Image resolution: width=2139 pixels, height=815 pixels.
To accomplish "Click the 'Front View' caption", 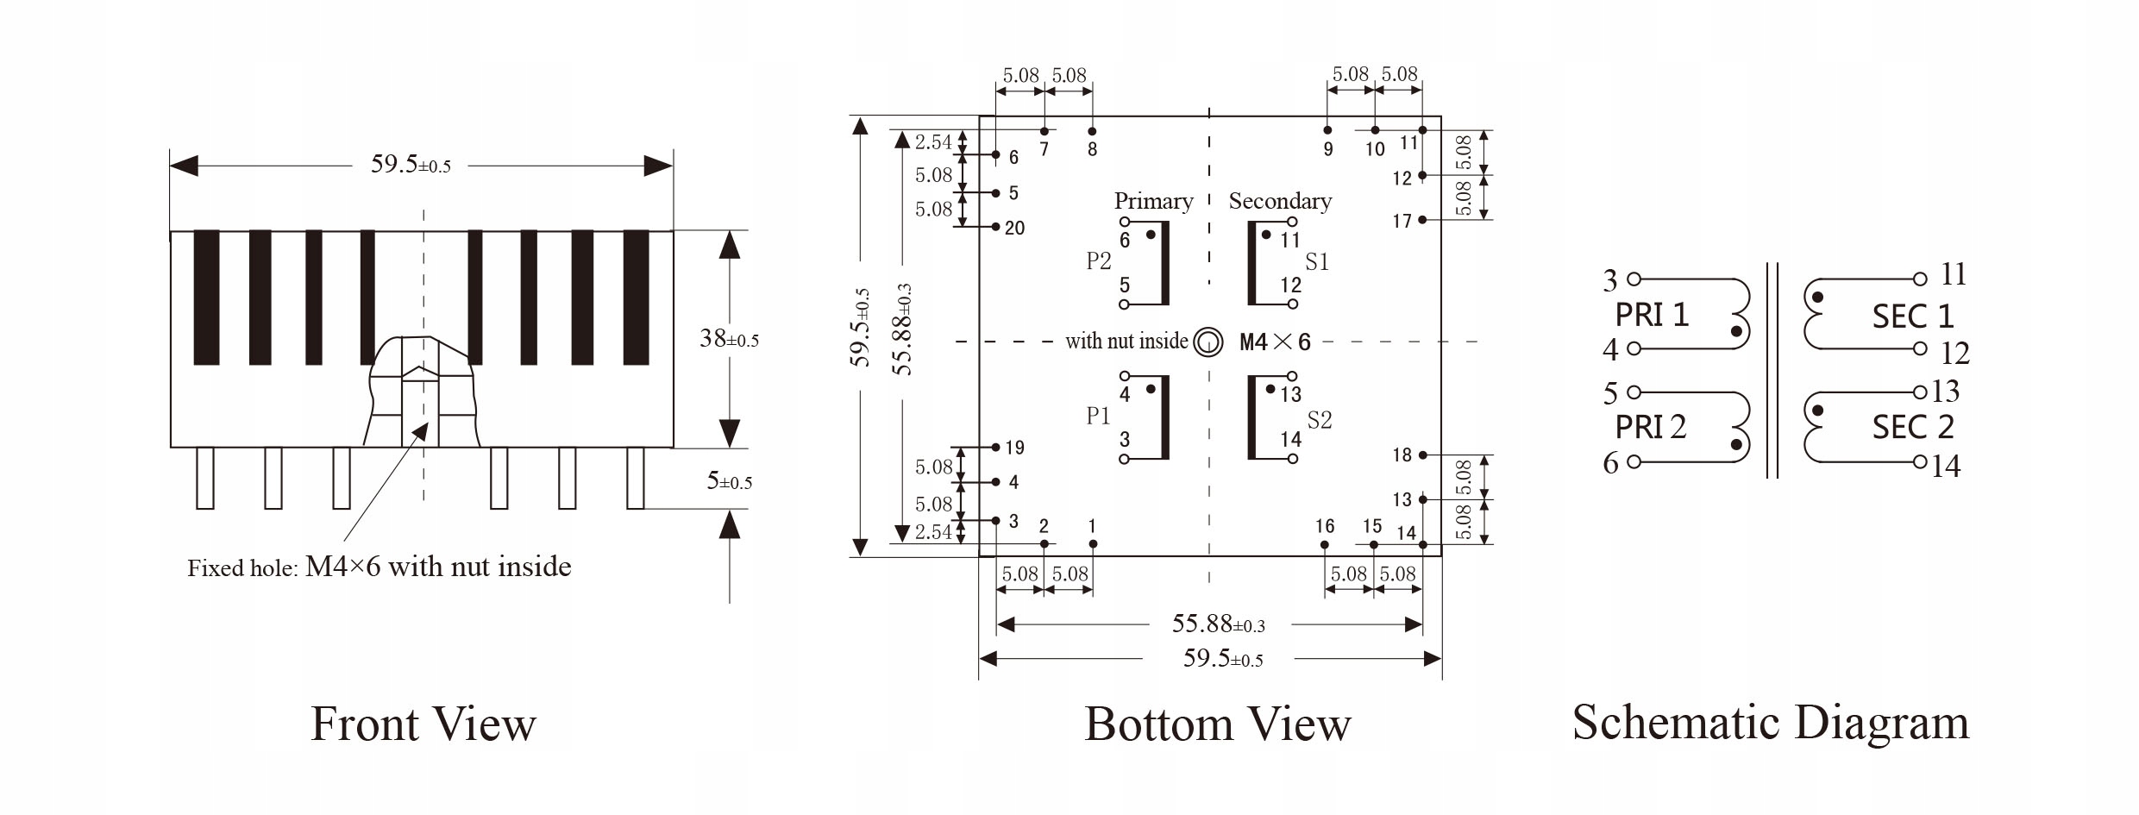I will tap(423, 724).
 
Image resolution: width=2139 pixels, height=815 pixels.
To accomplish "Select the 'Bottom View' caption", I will tap(1217, 724).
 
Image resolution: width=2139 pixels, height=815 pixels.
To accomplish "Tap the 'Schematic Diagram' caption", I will tap(1770, 722).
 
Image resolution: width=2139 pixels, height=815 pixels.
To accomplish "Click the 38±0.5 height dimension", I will tap(729, 339).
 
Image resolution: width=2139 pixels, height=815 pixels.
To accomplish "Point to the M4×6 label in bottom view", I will tap(1274, 342).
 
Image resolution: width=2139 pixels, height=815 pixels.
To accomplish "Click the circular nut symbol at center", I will tap(1208, 342).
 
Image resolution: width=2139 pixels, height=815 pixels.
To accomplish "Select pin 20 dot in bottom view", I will tap(995, 227).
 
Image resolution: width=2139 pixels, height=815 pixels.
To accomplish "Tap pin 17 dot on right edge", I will tap(1422, 220).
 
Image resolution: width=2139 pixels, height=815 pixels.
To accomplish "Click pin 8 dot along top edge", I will tap(1092, 131).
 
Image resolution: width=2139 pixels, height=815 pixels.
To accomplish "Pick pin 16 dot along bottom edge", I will tap(1325, 544).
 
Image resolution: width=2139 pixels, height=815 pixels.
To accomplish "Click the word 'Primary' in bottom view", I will tap(1153, 201).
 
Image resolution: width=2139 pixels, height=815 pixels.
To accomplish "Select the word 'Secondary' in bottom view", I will tap(1280, 201).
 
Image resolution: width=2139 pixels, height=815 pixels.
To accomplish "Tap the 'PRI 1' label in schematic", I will tap(1651, 315).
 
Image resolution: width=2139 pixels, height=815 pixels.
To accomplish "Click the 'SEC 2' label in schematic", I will tap(1912, 427).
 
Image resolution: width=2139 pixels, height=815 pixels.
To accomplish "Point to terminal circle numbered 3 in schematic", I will tap(1633, 279).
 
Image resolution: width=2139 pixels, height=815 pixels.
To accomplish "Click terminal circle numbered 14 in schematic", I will tap(1920, 461).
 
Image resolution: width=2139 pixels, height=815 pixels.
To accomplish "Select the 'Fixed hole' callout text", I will tap(379, 567).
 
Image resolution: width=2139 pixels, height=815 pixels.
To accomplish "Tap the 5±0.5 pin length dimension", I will tap(729, 481).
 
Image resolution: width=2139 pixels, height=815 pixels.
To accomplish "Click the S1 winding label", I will tap(1317, 262).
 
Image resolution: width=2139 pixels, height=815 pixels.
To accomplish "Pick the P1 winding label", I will tap(1098, 416).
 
